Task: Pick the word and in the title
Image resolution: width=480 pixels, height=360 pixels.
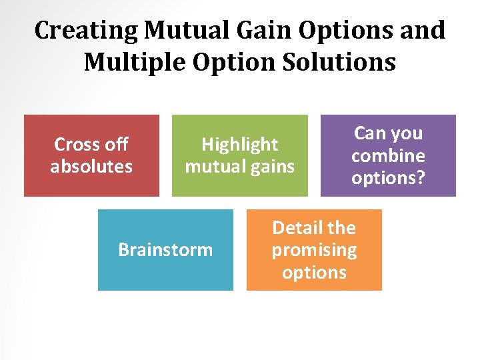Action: [x=423, y=30]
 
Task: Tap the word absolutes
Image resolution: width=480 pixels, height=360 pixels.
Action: [x=91, y=166]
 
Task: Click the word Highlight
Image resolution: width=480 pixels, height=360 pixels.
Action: [x=240, y=144]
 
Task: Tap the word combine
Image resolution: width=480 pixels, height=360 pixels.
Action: [x=388, y=155]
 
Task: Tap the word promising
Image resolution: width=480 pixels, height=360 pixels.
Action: [x=314, y=250]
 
